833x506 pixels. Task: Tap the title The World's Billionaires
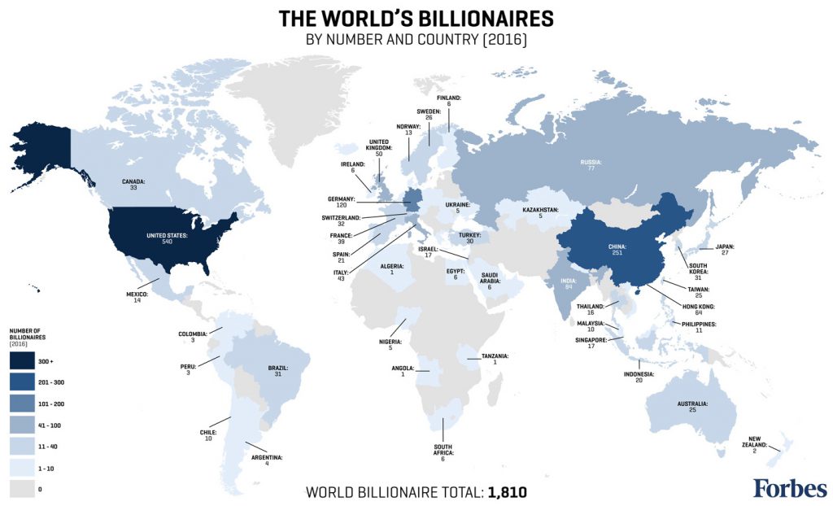[x=416, y=19]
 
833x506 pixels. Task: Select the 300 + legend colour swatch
[x=22, y=360]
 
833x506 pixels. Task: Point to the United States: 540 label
[x=167, y=239]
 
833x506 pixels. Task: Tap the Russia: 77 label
[x=591, y=164]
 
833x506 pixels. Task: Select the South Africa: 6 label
[x=443, y=453]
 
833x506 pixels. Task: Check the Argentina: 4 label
[x=266, y=461]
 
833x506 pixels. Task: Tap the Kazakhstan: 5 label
[x=540, y=213]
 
